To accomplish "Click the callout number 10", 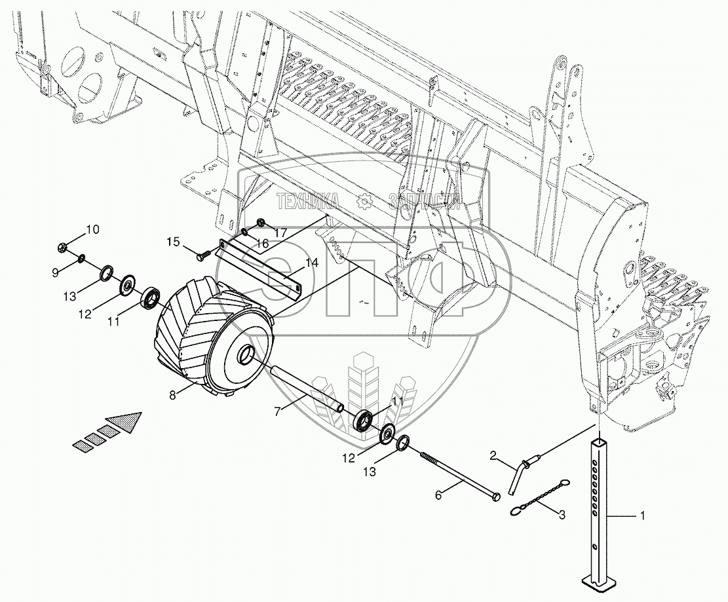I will pyautogui.click(x=92, y=230).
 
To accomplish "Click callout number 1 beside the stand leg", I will pyautogui.click(x=642, y=517).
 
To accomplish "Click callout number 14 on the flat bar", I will pyautogui.click(x=311, y=264).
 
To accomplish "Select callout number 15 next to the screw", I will pyautogui.click(x=172, y=242).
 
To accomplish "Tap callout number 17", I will pyautogui.click(x=280, y=232).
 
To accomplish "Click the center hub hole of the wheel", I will pyautogui.click(x=247, y=354).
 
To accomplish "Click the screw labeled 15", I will pyautogui.click(x=203, y=252).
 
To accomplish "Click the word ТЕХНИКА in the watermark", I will pyautogui.click(x=307, y=201).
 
